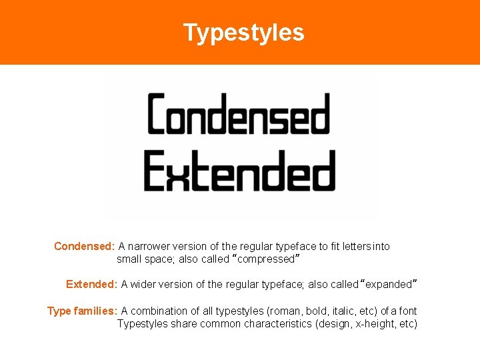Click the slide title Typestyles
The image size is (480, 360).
tap(243, 33)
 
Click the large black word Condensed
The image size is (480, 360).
tap(238, 114)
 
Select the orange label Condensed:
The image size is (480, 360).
tap(85, 246)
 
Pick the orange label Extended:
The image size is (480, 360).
tap(92, 284)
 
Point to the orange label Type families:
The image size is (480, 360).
tap(83, 311)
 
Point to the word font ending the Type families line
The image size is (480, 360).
tap(408, 311)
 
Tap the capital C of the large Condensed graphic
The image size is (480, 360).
tap(160, 114)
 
